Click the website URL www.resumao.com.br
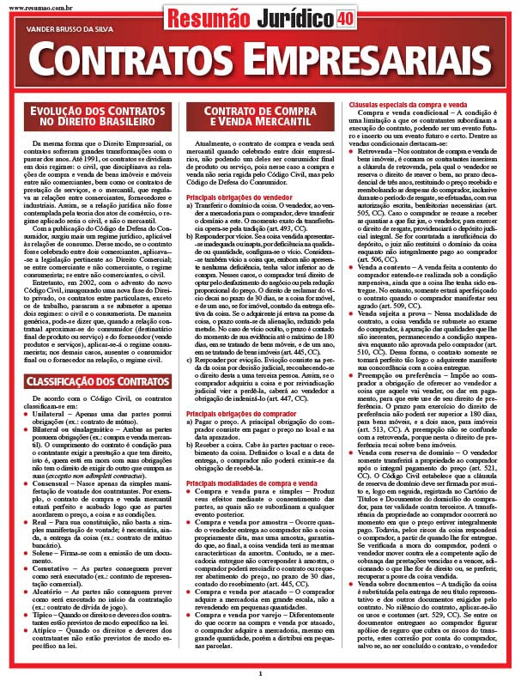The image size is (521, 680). coord(29,4)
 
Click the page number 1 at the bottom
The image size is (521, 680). coord(260,673)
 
